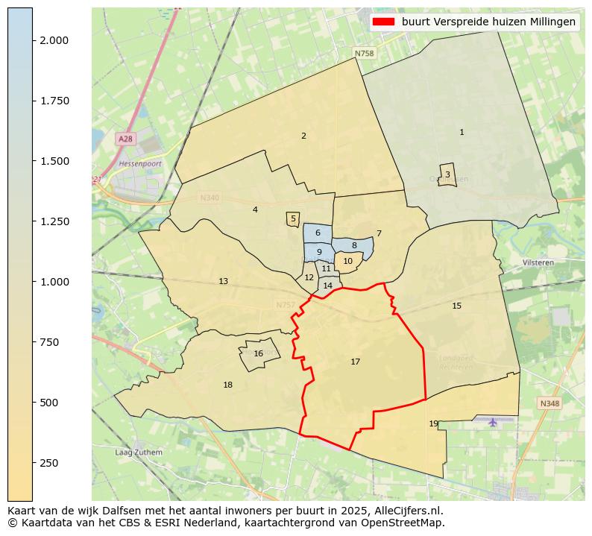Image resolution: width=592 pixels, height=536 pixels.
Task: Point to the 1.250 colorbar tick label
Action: click(x=55, y=221)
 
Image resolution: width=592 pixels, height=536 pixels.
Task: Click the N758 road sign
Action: click(x=364, y=54)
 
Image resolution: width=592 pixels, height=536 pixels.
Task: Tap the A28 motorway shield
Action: click(x=125, y=139)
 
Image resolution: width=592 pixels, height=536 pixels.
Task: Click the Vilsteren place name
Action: click(x=538, y=263)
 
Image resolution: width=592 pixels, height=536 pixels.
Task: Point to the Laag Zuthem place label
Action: click(x=138, y=453)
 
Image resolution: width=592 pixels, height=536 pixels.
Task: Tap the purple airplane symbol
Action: click(x=493, y=422)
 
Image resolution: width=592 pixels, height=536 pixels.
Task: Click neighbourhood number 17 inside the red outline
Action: click(x=356, y=362)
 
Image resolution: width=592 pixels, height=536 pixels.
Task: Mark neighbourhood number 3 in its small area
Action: click(x=447, y=174)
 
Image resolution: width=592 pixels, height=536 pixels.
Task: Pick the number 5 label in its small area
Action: click(x=293, y=219)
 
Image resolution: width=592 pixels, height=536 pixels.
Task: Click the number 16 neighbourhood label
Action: click(x=259, y=354)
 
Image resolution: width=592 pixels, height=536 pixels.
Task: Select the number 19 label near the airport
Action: click(x=434, y=424)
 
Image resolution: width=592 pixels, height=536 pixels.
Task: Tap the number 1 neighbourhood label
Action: click(x=462, y=133)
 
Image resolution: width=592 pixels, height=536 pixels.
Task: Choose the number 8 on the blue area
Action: click(x=354, y=245)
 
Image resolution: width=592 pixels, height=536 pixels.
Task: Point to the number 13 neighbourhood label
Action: click(x=224, y=282)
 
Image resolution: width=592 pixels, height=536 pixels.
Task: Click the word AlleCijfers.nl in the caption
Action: click(x=406, y=511)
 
